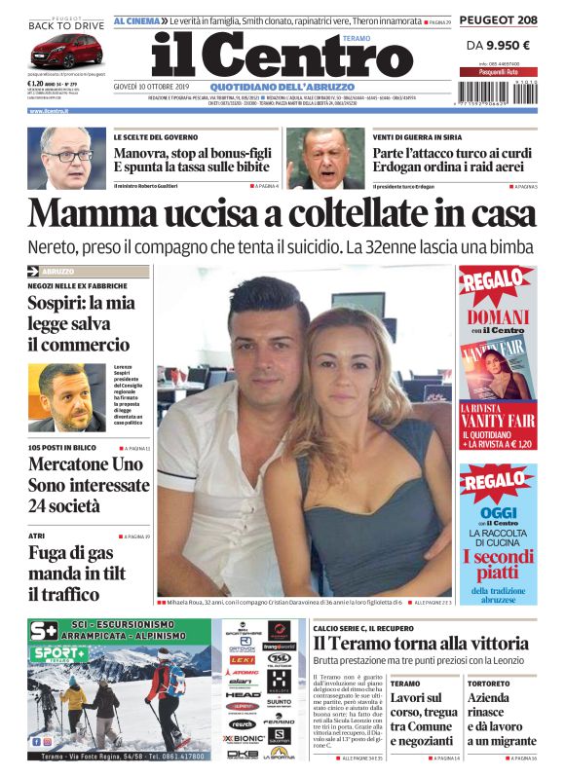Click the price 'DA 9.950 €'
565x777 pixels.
click(x=497, y=45)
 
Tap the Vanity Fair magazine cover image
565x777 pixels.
click(x=497, y=370)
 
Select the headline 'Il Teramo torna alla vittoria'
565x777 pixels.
click(x=420, y=643)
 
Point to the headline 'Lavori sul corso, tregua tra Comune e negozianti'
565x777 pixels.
click(x=424, y=719)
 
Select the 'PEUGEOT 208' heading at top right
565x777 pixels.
click(x=497, y=19)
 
